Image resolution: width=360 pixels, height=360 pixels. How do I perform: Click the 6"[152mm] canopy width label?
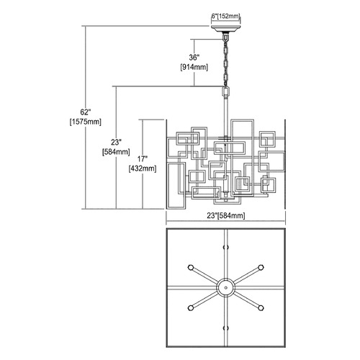click(x=225, y=17)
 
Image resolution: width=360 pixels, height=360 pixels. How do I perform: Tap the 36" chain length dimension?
click(x=194, y=58)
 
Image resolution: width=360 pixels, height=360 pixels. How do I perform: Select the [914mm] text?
click(x=194, y=67)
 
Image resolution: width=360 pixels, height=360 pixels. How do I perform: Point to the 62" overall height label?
click(x=86, y=112)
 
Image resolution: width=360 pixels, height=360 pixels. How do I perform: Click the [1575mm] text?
click(x=86, y=122)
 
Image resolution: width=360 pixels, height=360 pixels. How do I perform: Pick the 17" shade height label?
click(x=143, y=159)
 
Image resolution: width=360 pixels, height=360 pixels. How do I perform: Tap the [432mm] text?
click(x=143, y=168)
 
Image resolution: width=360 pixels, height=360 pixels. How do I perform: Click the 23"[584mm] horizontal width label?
click(x=226, y=215)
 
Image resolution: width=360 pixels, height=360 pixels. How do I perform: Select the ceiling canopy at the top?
click(x=225, y=28)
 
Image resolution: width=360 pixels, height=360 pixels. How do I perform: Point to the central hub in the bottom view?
click(x=225, y=287)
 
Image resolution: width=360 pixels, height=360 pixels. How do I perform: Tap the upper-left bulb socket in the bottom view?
click(x=191, y=267)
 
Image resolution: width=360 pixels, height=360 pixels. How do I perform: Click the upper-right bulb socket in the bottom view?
click(x=261, y=267)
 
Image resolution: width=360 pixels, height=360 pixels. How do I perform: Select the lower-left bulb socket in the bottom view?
click(x=191, y=307)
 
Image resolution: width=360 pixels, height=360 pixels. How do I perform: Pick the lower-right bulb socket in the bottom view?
click(x=261, y=307)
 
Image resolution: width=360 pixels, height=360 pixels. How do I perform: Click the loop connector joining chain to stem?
click(x=225, y=91)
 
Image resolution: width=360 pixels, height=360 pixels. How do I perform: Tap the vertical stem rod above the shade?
click(x=226, y=108)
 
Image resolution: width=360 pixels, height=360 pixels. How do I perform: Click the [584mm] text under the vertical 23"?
click(x=116, y=152)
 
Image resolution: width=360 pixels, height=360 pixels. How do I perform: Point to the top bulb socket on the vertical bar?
click(x=225, y=247)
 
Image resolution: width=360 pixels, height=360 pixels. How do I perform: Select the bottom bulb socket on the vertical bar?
click(x=225, y=328)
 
